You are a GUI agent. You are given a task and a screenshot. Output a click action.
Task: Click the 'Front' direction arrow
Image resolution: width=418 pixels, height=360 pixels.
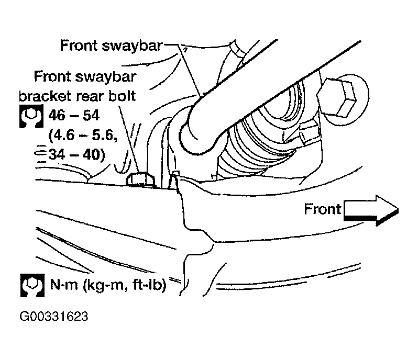click(x=371, y=210)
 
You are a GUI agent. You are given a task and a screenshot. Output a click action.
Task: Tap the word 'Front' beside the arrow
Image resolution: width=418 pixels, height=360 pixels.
click(x=323, y=209)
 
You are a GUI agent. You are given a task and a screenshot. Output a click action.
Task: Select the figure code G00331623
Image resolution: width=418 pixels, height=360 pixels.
click(x=54, y=317)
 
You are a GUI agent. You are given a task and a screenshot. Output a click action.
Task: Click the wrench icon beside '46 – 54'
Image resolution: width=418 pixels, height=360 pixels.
click(x=31, y=116)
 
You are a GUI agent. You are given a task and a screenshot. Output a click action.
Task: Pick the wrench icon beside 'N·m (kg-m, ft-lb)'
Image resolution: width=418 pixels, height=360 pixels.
click(x=32, y=286)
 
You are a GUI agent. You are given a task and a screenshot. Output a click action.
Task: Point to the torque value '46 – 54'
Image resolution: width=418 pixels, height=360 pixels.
click(x=74, y=116)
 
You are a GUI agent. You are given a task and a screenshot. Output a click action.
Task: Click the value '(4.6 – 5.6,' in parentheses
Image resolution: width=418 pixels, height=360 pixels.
click(x=83, y=136)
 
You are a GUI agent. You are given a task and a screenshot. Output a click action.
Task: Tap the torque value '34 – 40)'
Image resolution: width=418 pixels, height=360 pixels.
click(x=77, y=154)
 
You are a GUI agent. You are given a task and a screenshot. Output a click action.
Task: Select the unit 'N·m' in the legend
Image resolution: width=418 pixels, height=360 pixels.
click(x=64, y=285)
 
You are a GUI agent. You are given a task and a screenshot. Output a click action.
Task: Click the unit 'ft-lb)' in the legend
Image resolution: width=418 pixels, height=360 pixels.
click(x=150, y=285)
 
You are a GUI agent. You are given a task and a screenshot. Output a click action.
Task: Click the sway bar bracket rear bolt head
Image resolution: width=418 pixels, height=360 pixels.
click(x=140, y=179)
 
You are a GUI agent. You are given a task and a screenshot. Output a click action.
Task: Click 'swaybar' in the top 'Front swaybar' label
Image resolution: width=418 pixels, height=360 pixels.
click(x=132, y=46)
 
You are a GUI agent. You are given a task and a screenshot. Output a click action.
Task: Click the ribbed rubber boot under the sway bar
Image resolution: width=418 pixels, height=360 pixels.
click(x=261, y=141)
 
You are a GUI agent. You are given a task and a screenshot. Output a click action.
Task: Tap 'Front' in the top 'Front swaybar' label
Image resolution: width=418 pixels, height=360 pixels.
click(x=79, y=46)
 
